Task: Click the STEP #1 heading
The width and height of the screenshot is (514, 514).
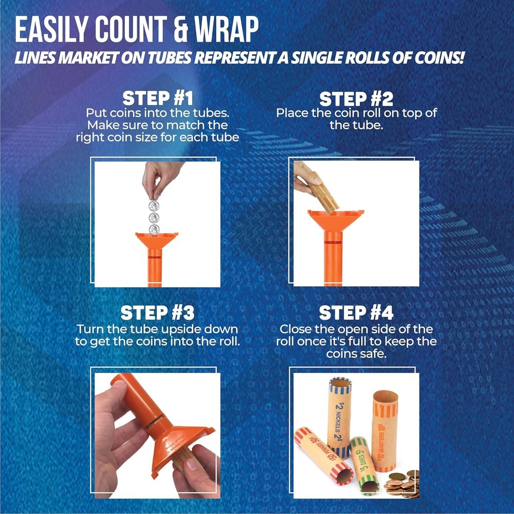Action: pyautogui.click(x=157, y=98)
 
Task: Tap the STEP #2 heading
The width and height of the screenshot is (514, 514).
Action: pyautogui.click(x=357, y=98)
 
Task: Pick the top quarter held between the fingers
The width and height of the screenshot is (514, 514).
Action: pyautogui.click(x=154, y=206)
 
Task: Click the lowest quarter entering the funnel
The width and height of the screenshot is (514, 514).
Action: pyautogui.click(x=154, y=229)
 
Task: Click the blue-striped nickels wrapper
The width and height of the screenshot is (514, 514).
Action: pyautogui.click(x=339, y=416)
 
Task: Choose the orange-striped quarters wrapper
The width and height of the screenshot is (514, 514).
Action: pyautogui.click(x=385, y=429)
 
